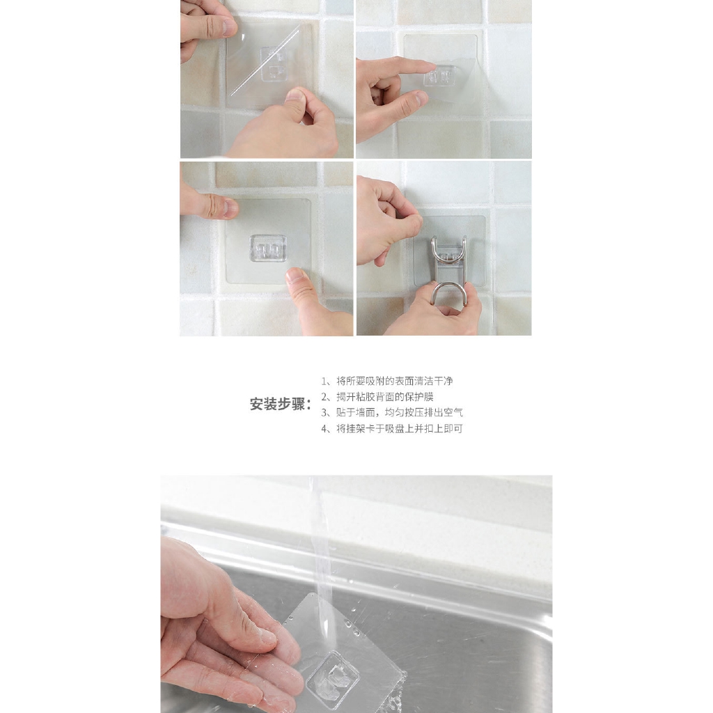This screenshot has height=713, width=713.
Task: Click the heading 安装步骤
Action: pyautogui.click(x=281, y=404)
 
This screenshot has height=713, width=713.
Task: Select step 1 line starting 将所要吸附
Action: pyautogui.click(x=387, y=381)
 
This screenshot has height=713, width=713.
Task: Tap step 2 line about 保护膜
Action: pyautogui.click(x=377, y=396)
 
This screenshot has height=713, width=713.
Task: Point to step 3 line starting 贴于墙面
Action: pyautogui.click(x=392, y=412)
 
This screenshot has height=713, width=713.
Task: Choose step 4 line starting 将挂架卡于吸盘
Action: pyautogui.click(x=392, y=428)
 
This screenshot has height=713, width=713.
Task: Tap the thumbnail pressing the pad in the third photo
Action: pyautogui.click(x=297, y=274)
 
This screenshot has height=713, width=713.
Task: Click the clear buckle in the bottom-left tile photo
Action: pyautogui.click(x=268, y=248)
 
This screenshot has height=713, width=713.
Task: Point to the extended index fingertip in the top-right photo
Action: pyautogui.click(x=430, y=66)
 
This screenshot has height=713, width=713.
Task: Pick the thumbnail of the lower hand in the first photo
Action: pyautogui.click(x=296, y=95)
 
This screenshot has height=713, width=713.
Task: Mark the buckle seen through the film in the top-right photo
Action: pyautogui.click(x=441, y=75)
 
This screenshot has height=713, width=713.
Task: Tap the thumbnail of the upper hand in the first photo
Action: pyautogui.click(x=229, y=27)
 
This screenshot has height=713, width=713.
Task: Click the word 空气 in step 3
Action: pyautogui.click(x=453, y=412)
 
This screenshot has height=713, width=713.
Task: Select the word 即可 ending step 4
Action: pyautogui.click(x=453, y=428)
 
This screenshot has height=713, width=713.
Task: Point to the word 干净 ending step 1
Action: pyautogui.click(x=444, y=381)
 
